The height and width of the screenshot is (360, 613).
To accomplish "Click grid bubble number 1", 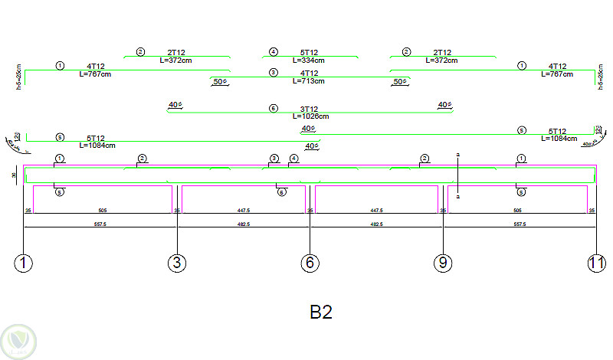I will click(25, 263).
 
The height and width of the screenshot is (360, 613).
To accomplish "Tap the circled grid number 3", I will click(177, 263).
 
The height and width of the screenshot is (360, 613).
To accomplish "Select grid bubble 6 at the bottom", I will click(310, 263).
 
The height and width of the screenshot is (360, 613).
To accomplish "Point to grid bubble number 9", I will click(443, 263).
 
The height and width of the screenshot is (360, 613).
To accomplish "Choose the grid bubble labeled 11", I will click(596, 263).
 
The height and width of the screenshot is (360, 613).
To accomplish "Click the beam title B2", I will click(321, 313).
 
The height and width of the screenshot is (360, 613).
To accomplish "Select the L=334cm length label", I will click(309, 60).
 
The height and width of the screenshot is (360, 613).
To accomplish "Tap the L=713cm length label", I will click(309, 80).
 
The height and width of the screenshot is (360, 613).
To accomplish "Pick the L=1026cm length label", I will click(310, 116).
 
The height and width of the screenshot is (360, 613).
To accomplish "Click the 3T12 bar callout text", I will click(309, 109).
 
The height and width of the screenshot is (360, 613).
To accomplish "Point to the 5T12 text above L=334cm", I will click(309, 52).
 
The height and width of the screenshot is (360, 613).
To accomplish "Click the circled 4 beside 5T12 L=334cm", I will click(273, 52).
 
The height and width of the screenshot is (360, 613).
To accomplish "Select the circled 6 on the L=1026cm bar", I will click(274, 109).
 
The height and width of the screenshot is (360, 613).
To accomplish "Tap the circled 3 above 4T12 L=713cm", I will click(274, 72).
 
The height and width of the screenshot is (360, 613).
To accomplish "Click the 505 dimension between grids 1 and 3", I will click(103, 210).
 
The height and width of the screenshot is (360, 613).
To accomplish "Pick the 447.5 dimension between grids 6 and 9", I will click(376, 210).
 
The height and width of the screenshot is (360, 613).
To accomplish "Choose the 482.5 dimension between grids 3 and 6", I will click(244, 224).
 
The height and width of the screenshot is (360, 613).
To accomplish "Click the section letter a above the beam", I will click(457, 155).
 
